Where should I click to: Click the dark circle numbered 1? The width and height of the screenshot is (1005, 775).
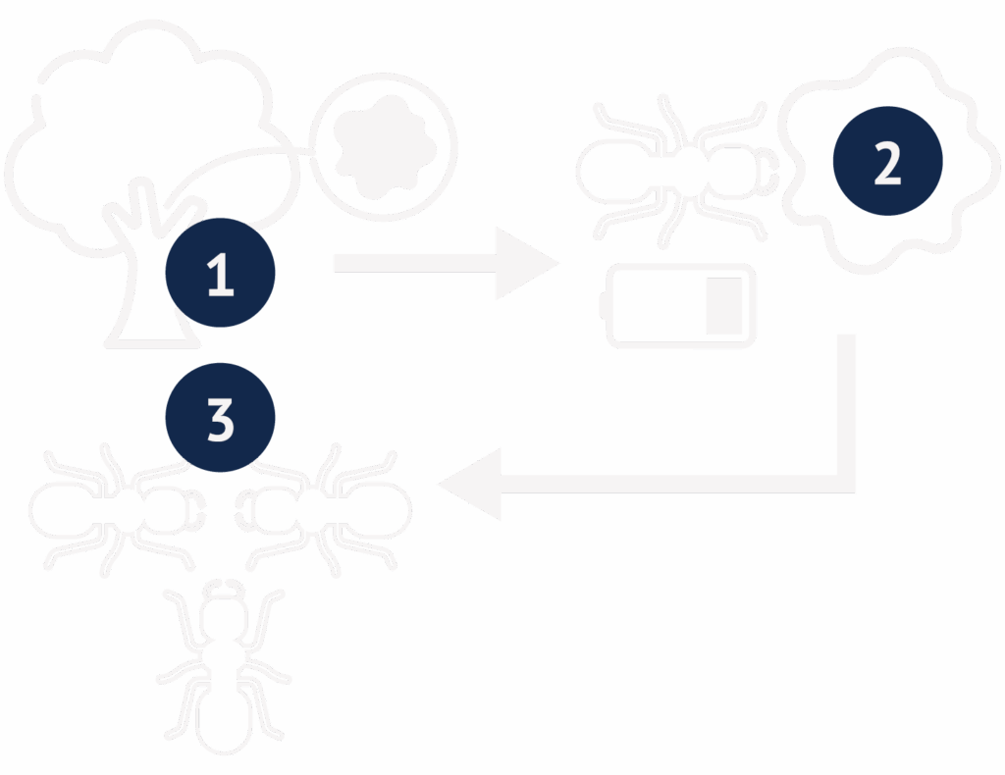point(221,273)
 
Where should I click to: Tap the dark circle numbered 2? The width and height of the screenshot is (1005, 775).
point(887,161)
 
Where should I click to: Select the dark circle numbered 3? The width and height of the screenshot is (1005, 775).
point(221,418)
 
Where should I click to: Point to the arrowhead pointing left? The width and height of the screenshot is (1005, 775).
point(470,485)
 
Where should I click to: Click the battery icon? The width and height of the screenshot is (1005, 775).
point(678,305)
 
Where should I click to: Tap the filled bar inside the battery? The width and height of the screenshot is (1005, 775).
point(724,306)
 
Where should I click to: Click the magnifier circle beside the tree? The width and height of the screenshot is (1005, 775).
point(384,147)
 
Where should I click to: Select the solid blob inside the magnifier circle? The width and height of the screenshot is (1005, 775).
point(385,147)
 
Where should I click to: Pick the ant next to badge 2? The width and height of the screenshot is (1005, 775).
point(678,172)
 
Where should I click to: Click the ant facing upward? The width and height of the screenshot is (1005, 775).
point(224,667)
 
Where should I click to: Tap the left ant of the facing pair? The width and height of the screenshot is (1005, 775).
point(118,510)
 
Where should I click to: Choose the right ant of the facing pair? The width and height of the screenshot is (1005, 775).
point(324,510)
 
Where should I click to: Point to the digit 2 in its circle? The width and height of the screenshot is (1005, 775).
point(887,163)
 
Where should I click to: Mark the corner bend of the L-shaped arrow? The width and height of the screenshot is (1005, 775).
point(846,485)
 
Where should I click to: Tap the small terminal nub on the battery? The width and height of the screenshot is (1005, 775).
point(604,305)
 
